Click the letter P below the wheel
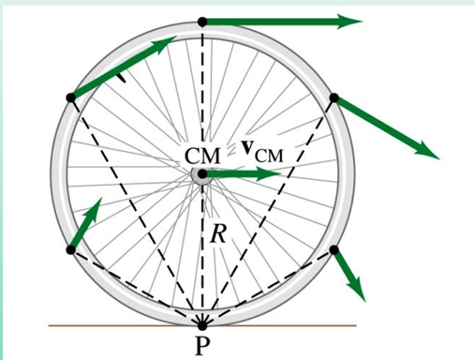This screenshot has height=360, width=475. click(x=201, y=346)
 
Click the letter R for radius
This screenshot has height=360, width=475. click(x=217, y=233)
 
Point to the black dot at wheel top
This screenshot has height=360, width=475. click(x=201, y=21)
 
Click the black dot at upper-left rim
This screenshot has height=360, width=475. click(x=70, y=97)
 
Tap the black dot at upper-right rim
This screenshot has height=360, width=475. click(x=333, y=97)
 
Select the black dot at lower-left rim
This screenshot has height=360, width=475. click(x=70, y=249)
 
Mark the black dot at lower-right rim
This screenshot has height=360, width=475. click(x=333, y=249)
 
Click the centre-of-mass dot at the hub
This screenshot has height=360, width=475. click(x=201, y=174)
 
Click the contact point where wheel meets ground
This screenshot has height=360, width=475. click(x=201, y=324)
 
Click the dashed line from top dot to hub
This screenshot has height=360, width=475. click(x=201, y=94)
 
